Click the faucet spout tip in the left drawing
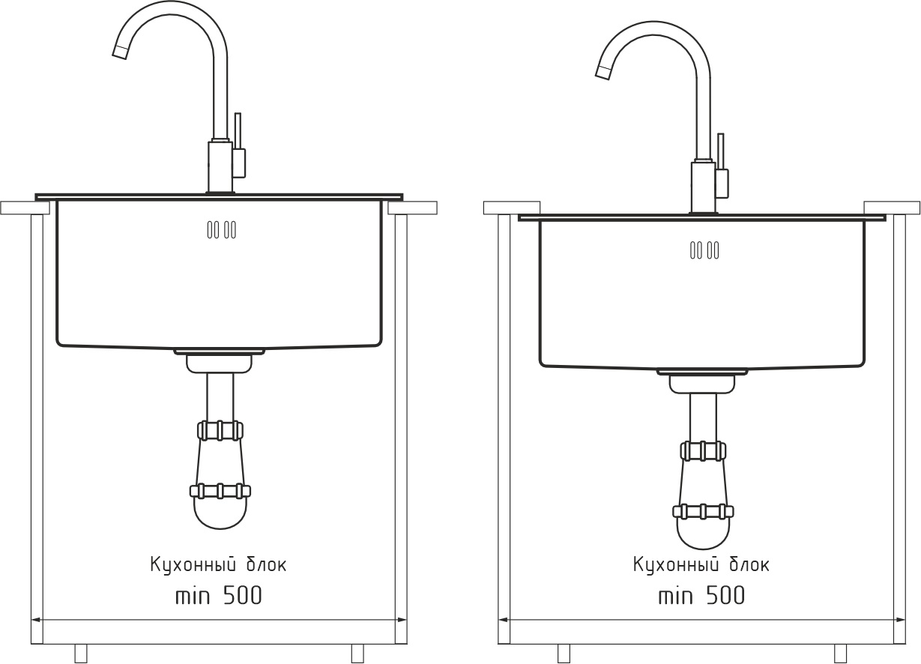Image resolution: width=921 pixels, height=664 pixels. (x=119, y=52)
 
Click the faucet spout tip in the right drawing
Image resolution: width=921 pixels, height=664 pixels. (x=603, y=73)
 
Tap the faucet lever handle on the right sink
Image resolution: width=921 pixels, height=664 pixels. (x=721, y=166)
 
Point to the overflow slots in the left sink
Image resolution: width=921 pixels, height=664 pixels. (x=222, y=229)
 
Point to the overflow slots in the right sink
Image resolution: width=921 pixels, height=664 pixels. (x=704, y=250)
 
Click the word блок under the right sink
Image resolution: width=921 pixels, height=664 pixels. (x=749, y=564)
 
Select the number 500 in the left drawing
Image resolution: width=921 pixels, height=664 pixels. (x=243, y=595)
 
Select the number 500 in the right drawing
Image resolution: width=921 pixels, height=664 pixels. (x=725, y=595)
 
